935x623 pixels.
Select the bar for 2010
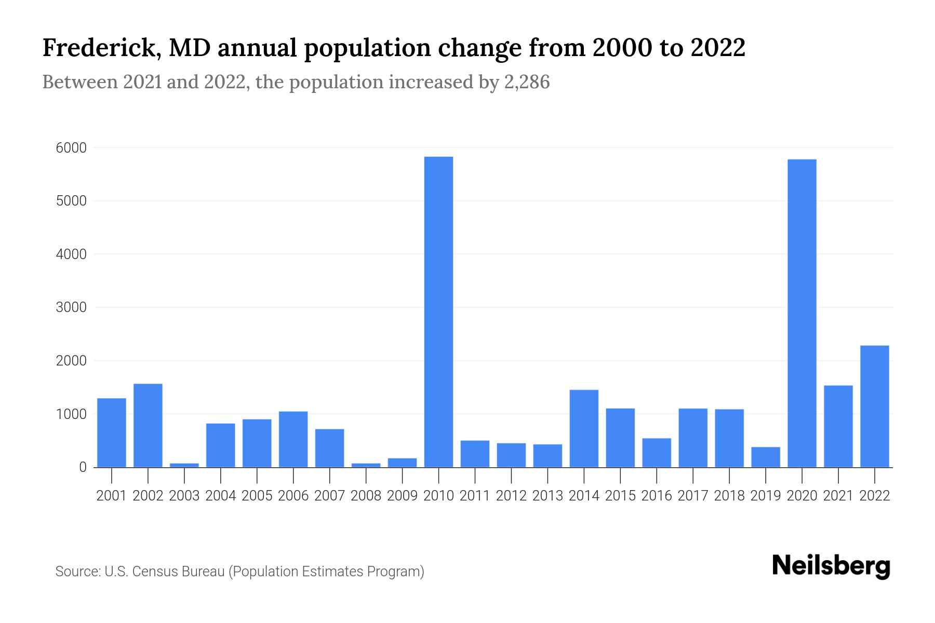tap(438, 311)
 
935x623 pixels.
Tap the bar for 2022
tap(874, 406)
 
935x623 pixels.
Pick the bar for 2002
tap(148, 425)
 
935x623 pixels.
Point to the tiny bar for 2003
tap(184, 465)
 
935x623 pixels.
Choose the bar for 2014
tap(584, 428)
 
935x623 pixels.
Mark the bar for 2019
tap(765, 457)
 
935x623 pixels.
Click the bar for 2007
tap(329, 448)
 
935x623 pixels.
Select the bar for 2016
tap(657, 452)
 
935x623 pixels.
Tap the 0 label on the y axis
tap(83, 467)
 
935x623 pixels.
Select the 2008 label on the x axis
tap(366, 496)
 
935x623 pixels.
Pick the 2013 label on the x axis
tap(547, 496)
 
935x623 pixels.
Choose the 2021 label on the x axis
tap(838, 496)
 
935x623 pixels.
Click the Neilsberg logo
tap(831, 566)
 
